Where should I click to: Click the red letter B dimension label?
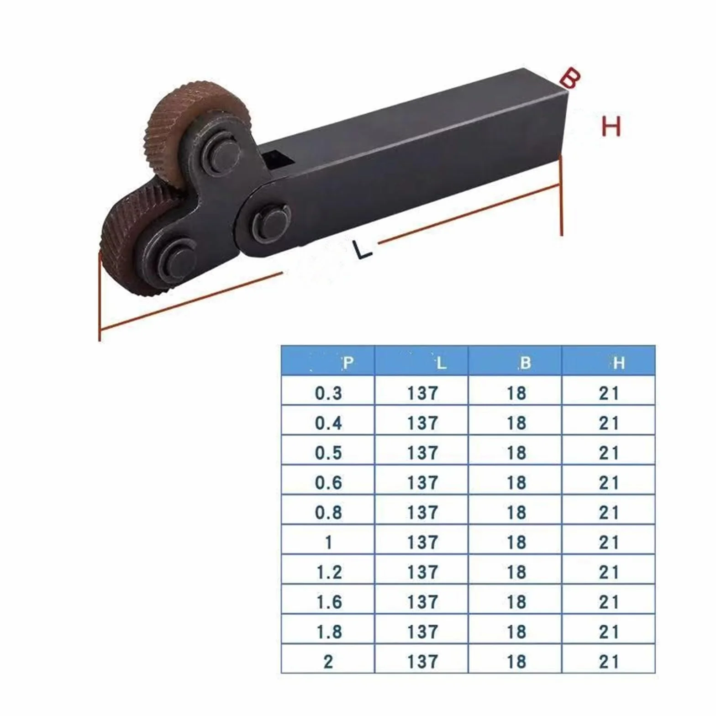coord(569,78)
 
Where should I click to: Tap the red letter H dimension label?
coord(611,126)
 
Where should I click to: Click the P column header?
coord(348,363)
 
